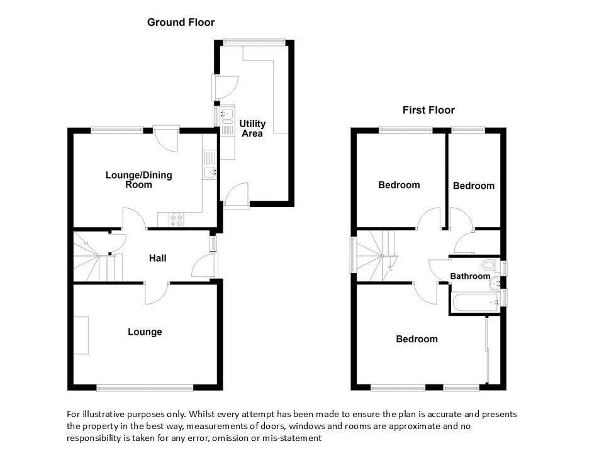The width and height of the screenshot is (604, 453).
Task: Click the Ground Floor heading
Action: click(x=181, y=23)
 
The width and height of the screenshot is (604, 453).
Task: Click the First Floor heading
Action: click(x=428, y=110)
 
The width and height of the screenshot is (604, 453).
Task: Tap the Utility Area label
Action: click(x=252, y=128)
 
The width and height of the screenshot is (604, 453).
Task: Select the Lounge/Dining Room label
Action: click(x=138, y=180)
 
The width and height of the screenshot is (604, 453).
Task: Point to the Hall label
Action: click(x=157, y=258)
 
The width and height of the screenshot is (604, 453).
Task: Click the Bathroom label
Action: click(x=470, y=276)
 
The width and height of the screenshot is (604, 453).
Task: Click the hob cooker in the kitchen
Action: click(x=177, y=220)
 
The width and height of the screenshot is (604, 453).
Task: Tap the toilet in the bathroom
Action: click(x=490, y=265)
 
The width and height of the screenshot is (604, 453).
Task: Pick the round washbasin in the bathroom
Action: click(x=495, y=284)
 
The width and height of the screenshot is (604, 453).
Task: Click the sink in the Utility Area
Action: click(x=227, y=114)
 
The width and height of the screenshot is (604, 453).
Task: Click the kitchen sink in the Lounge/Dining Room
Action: click(x=210, y=172)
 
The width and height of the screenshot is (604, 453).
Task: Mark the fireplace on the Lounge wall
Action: click(x=81, y=335)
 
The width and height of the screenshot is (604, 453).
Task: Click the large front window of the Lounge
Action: click(x=145, y=388)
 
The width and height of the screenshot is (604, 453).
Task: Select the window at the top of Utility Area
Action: click(x=254, y=42)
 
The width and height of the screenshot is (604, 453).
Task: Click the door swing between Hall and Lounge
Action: click(x=157, y=294)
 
